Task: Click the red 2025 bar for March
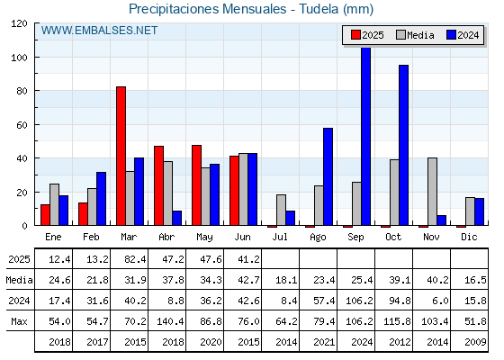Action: (121, 156)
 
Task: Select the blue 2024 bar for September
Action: (365, 136)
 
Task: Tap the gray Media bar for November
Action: (432, 192)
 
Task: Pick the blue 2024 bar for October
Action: (404, 145)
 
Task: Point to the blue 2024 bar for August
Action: (328, 176)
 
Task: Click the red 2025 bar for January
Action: (45, 215)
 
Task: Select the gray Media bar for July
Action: (281, 210)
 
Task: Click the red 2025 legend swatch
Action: (355, 35)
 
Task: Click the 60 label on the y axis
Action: (22, 125)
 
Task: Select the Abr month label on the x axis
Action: (166, 238)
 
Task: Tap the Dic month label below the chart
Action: (469, 238)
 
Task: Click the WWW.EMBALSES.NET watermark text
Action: (99, 31)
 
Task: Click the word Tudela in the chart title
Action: (319, 9)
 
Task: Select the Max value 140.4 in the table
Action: (170, 321)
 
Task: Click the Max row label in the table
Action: (19, 321)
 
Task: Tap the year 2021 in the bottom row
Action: (324, 342)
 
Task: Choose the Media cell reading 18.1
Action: (286, 280)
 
